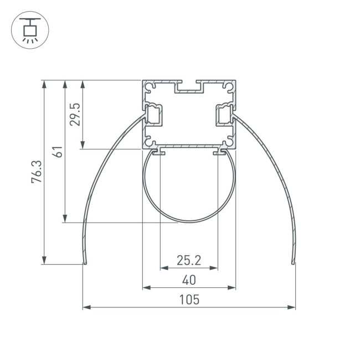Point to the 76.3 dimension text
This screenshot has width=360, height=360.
[37, 172]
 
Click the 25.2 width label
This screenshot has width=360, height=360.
[189, 259]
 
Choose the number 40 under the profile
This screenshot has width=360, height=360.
[189, 280]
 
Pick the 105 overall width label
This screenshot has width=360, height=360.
[189, 300]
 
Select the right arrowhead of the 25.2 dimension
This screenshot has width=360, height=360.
[214, 268]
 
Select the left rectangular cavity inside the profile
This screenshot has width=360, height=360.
[154, 115]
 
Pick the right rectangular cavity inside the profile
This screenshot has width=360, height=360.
[224, 115]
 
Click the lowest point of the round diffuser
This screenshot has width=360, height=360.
[189, 222]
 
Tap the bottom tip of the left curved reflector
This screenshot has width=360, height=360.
[84, 263]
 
